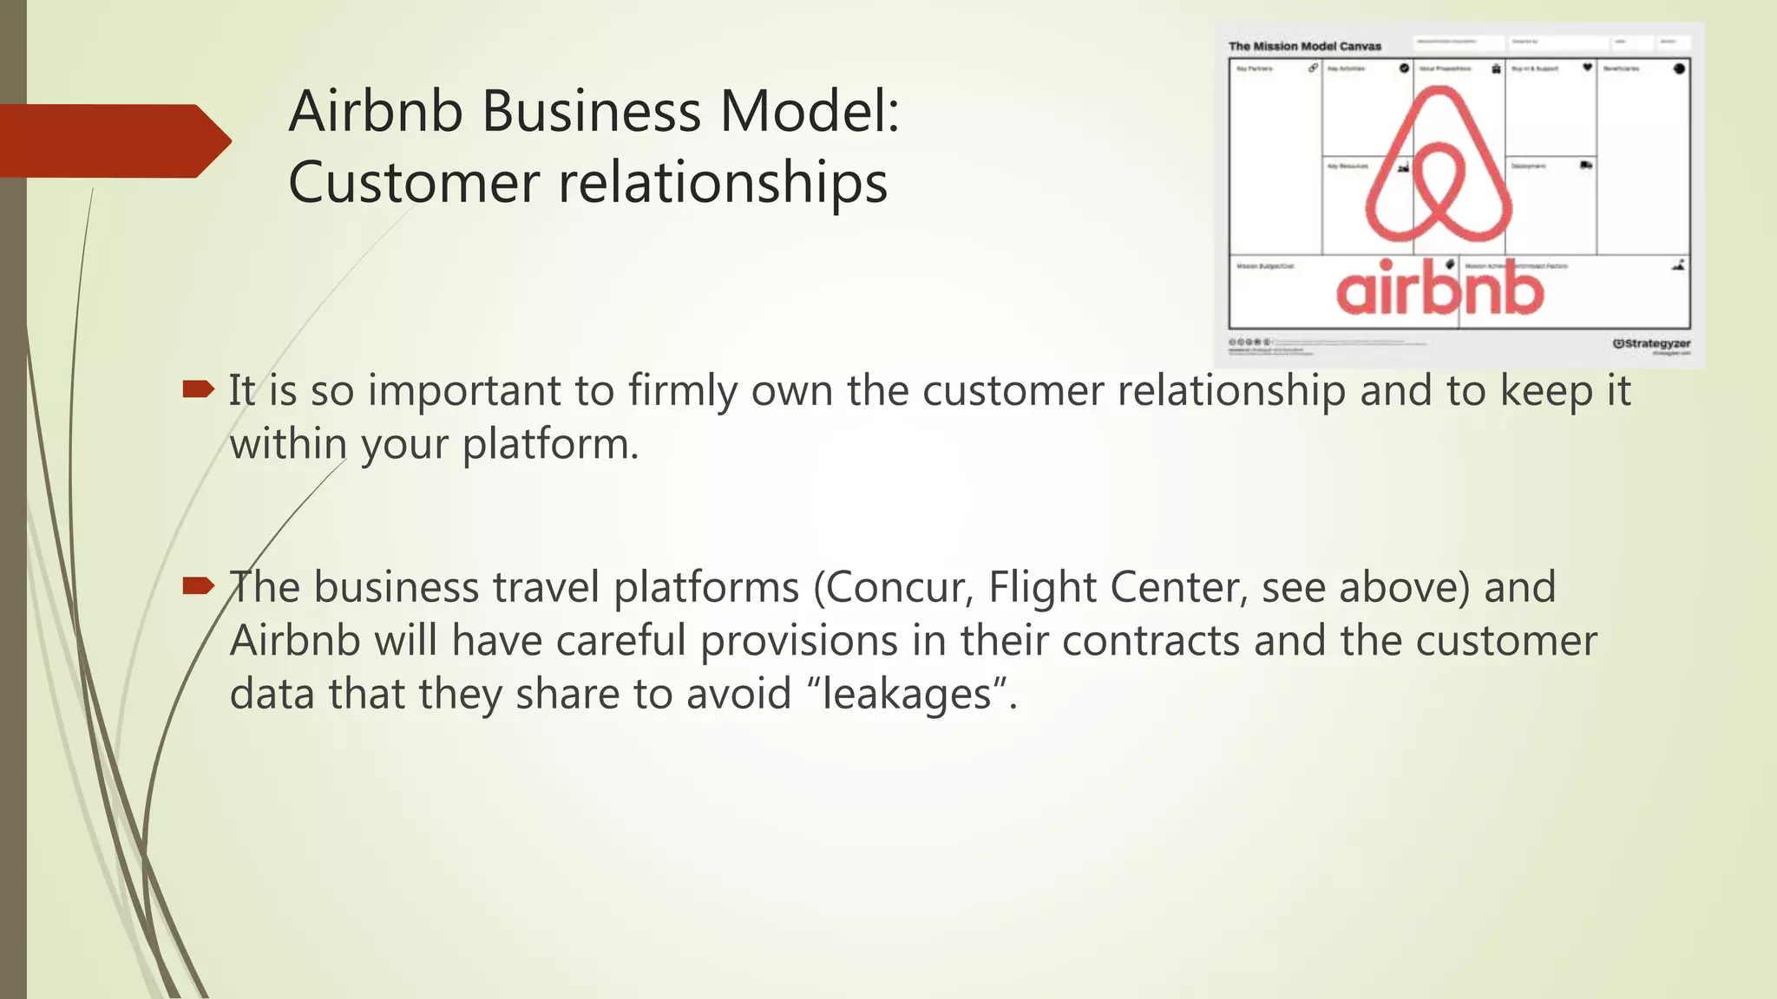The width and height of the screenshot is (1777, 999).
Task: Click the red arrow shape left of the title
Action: [x=113, y=140]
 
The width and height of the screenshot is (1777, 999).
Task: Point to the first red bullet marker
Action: [x=198, y=389]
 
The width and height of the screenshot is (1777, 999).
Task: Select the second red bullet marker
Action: [x=198, y=586]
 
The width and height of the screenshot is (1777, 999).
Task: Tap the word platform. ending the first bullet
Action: [x=550, y=445]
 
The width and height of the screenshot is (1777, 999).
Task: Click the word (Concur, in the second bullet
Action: [x=893, y=588]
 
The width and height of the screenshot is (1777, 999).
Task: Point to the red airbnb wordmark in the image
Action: [x=1439, y=291]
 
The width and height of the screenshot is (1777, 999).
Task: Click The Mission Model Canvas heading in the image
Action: [x=1304, y=46]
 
